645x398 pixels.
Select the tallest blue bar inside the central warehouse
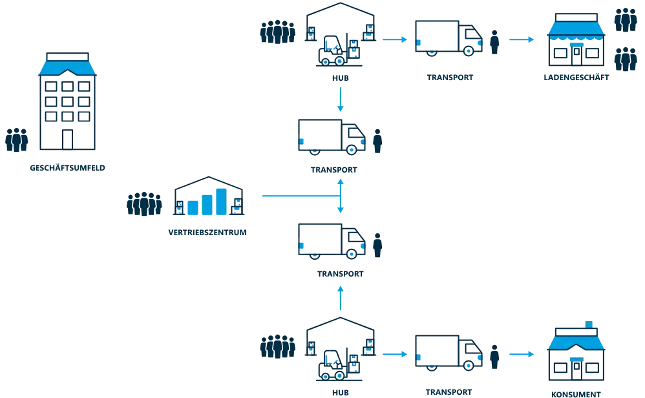(222, 201)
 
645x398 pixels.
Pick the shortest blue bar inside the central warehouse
(193, 207)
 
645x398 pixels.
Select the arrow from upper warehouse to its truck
(394, 39)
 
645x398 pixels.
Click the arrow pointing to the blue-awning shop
(521, 39)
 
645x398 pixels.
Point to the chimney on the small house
(588, 324)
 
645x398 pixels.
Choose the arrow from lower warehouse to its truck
(394, 354)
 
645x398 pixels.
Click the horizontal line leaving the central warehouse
(297, 195)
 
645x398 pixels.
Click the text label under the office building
(67, 167)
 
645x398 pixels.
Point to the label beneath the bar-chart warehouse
(206, 231)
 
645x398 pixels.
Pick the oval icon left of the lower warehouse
(277, 347)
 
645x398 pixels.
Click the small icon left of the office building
(17, 140)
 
